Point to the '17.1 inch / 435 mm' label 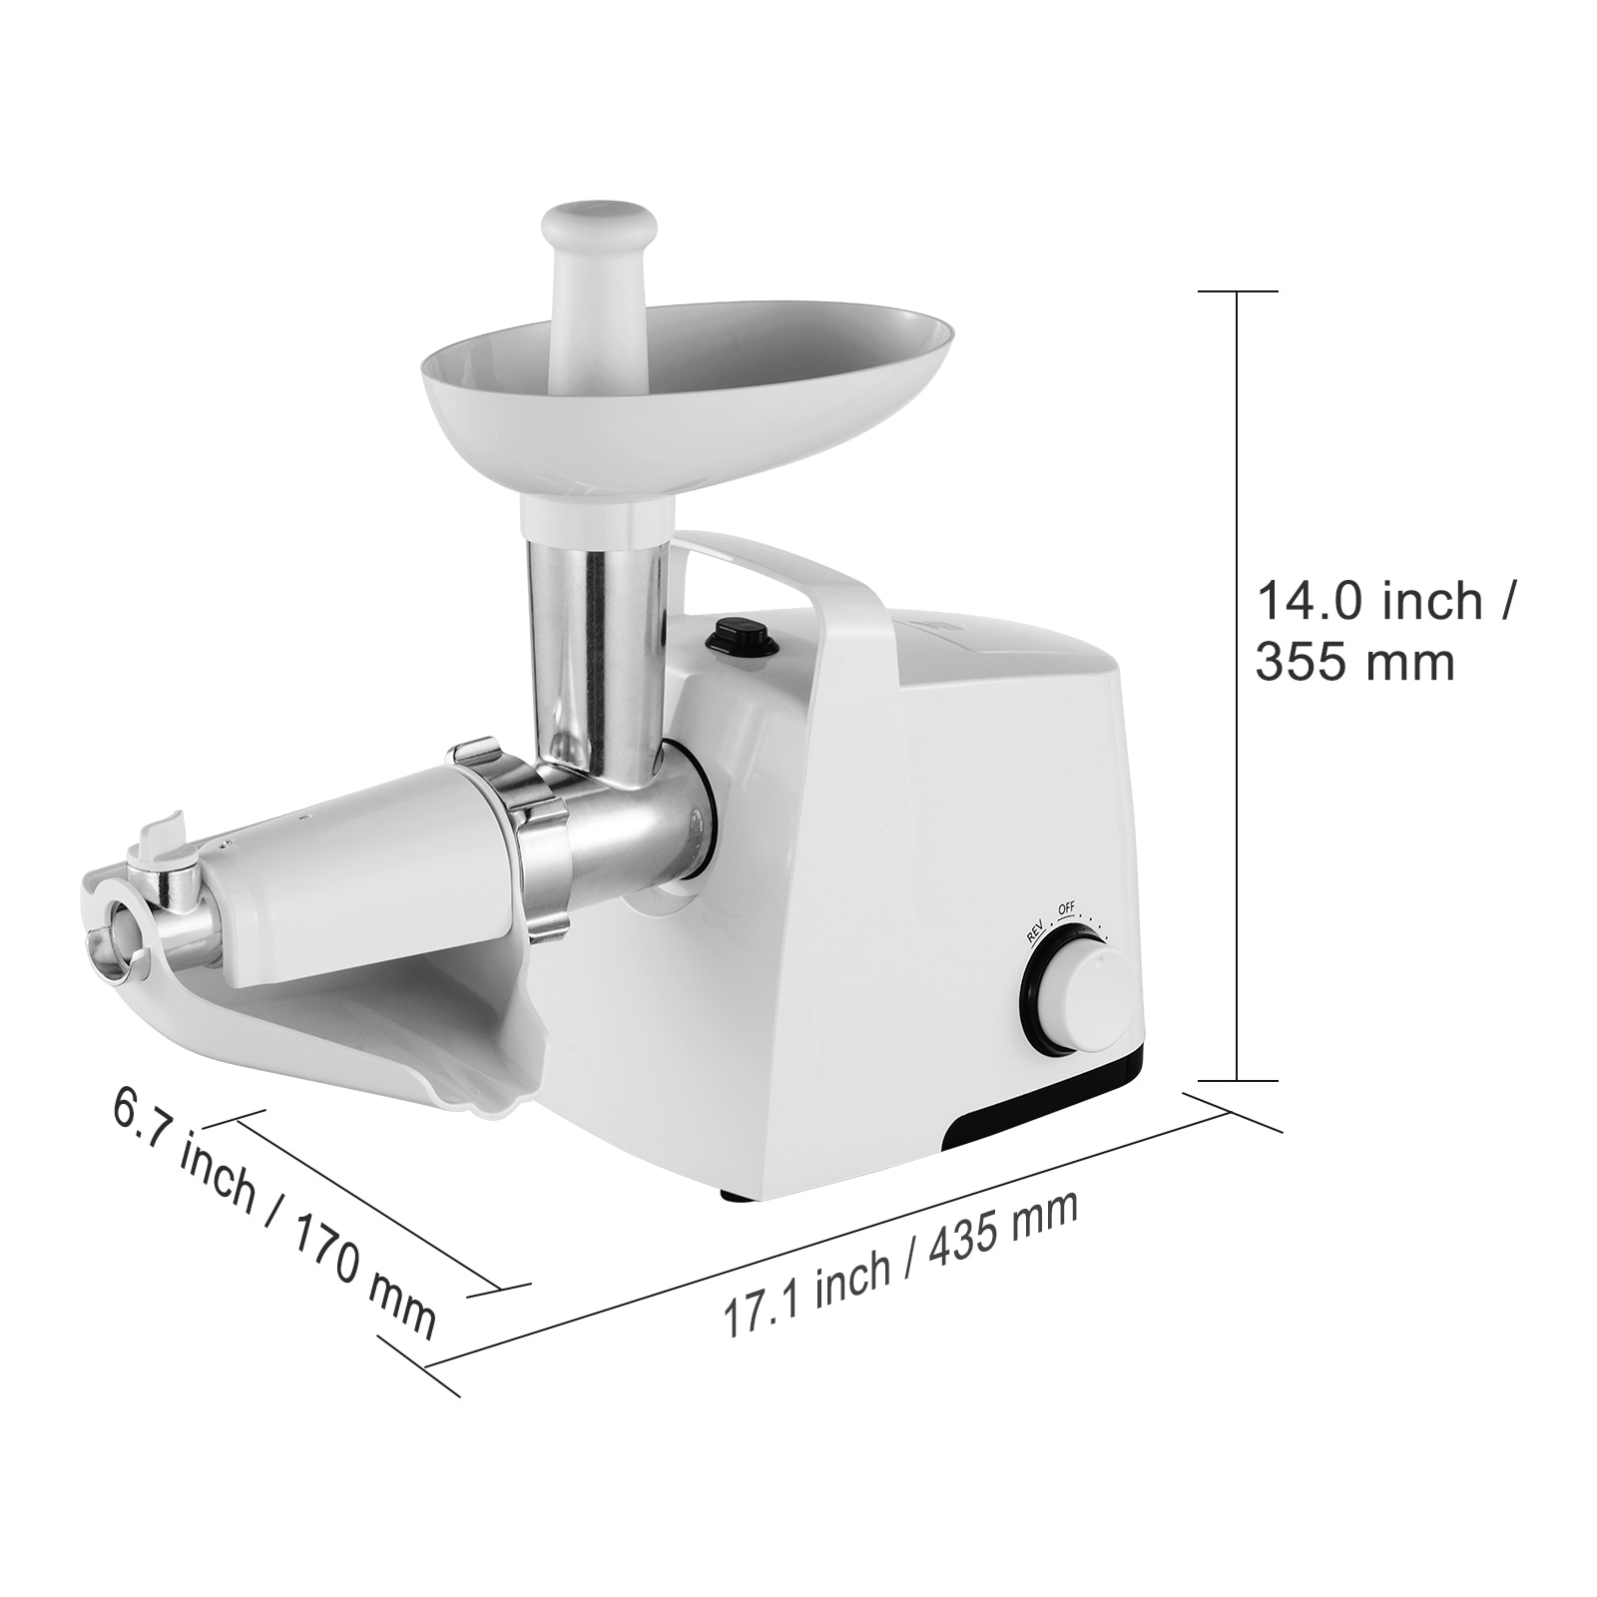point(900,1261)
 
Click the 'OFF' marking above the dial point(1065,907)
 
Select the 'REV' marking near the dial point(1034,927)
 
